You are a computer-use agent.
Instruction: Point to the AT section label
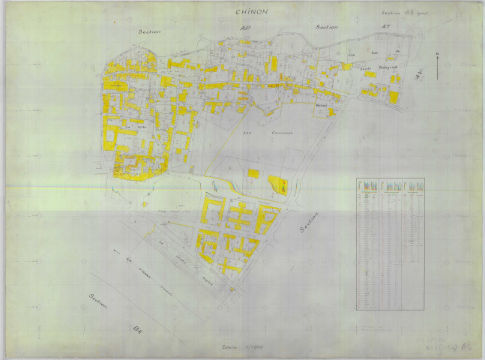[388, 26]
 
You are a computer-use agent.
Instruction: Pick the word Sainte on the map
[366, 68]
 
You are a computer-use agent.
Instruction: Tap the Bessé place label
[322, 106]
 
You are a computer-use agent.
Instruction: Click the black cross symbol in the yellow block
[118, 85]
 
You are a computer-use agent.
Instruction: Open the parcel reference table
[390, 243]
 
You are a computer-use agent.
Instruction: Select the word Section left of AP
[150, 33]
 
